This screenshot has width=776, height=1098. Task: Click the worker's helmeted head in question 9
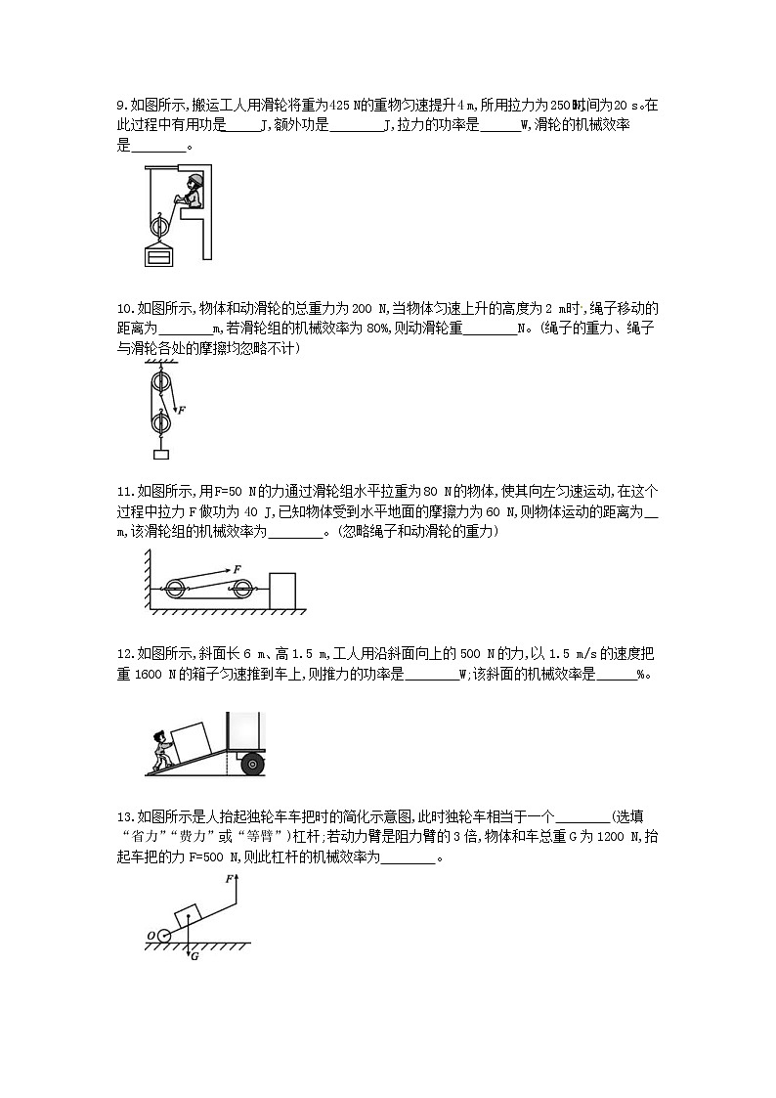(195, 180)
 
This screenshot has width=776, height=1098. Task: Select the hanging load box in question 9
(157, 256)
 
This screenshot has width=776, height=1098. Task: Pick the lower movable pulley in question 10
(158, 424)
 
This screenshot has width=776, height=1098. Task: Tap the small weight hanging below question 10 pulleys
(159, 454)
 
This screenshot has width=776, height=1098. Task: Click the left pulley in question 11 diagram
(176, 589)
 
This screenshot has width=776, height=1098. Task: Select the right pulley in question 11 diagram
(240, 589)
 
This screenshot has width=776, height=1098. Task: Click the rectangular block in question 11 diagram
(281, 591)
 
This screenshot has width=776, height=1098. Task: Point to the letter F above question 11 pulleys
(236, 568)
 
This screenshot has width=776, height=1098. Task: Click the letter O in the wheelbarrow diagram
(151, 936)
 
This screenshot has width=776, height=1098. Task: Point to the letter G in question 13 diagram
(194, 957)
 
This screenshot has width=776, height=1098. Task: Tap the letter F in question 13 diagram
(229, 879)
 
